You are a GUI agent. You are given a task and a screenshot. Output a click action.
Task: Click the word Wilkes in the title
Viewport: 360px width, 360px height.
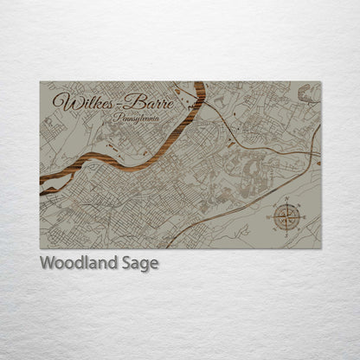[x=83, y=101]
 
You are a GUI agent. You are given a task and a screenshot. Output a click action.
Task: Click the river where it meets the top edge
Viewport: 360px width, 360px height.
[x=200, y=84]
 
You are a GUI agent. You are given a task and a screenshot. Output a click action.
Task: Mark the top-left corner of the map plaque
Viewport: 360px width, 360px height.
[x=40, y=82]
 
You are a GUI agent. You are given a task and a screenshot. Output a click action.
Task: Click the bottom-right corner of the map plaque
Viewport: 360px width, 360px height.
[x=320, y=248]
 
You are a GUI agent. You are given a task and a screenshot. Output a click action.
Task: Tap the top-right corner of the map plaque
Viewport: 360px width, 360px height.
[x=320, y=82]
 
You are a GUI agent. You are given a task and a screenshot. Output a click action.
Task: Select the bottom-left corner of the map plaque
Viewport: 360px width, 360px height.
[x=40, y=248]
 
